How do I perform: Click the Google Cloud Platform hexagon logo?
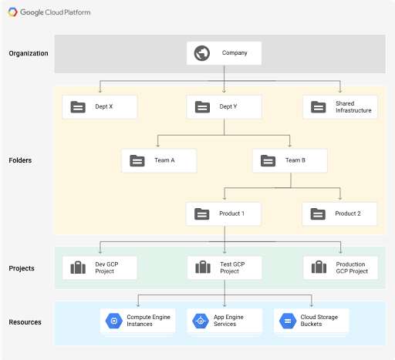pos(12,12)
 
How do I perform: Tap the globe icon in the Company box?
pos(202,53)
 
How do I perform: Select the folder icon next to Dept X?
pos(78,107)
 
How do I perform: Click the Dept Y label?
pos(228,106)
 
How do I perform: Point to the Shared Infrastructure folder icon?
pos(319,107)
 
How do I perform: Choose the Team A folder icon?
pos(137,160)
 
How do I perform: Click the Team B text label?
pos(295,160)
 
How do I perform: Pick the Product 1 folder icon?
pos(202,214)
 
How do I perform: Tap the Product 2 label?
pos(348,214)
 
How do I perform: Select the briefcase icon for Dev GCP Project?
pos(78,267)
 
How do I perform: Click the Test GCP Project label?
pos(232,267)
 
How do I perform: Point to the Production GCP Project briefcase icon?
pos(319,267)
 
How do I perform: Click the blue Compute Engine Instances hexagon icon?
pos(113,321)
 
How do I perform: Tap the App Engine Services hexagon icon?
pos(201,321)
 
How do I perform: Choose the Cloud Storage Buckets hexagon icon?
pos(288,321)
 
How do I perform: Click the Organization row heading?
pos(29,53)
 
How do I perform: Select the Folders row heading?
pos(20,160)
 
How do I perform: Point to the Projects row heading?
pos(22,268)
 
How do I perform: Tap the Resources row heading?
pos(25,322)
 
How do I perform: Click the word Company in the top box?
pos(235,53)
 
